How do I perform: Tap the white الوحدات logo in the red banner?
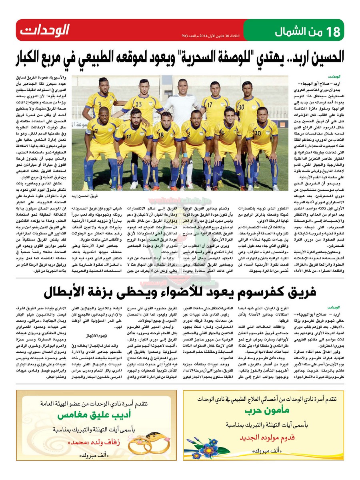point(45,30)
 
